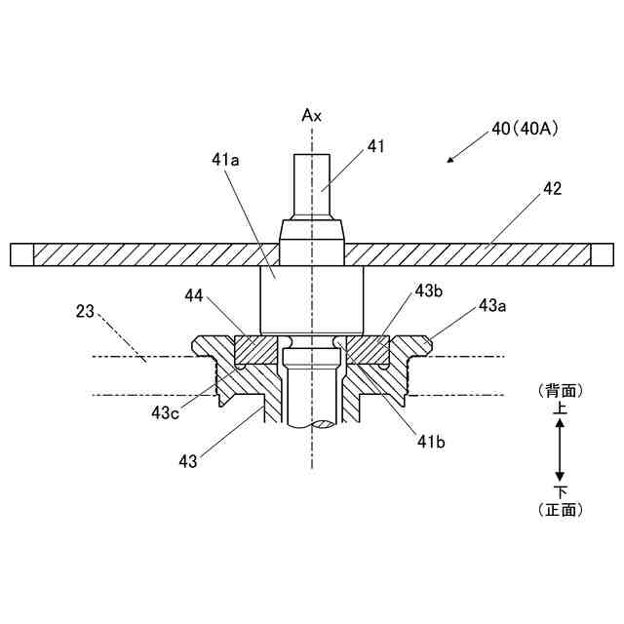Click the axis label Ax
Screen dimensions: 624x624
(311, 115)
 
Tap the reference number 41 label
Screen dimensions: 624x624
(376, 146)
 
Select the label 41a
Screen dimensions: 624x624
(225, 158)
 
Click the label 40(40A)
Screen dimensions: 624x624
(525, 128)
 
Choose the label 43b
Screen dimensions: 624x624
(430, 292)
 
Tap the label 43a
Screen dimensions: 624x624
(493, 307)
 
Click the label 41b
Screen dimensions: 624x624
(433, 442)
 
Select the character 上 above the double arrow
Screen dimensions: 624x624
(561, 410)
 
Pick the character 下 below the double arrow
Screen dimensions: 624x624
(561, 489)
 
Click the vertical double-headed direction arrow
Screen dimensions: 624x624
(561, 449)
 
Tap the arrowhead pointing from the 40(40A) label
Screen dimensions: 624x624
(449, 161)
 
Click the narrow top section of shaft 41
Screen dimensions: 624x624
(312, 185)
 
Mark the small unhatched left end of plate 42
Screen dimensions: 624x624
(21, 254)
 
